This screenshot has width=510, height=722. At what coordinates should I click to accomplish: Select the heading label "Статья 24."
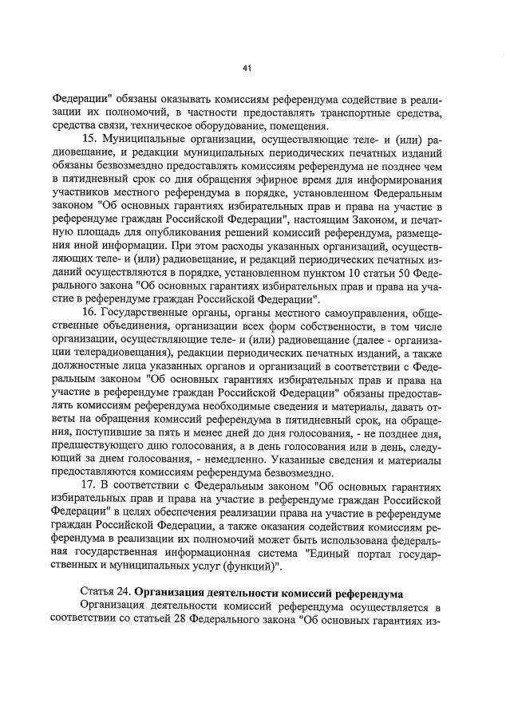coord(107,592)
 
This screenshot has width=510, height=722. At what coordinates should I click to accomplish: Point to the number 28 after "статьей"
coord(195,621)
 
